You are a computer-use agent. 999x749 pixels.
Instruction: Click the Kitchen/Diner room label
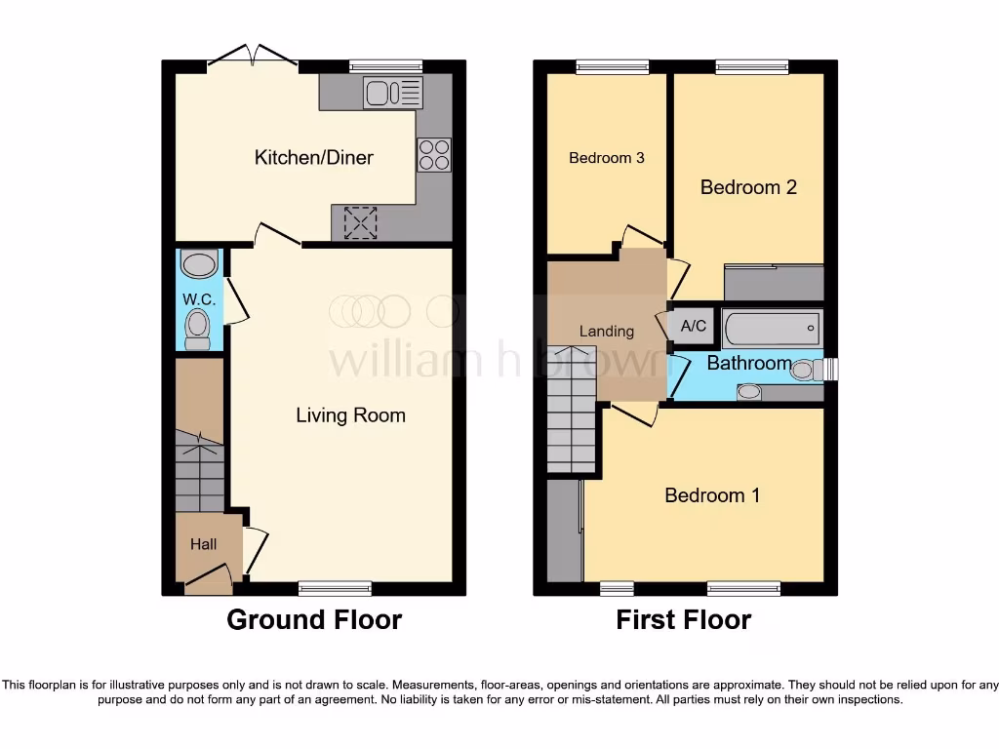pos(313,157)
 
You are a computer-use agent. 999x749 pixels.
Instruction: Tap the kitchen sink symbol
pos(393,94)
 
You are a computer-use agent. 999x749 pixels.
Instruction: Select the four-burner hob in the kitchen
pos(434,155)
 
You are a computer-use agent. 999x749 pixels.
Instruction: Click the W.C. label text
pos(198,298)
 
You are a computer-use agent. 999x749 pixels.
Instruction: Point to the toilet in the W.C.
pos(198,328)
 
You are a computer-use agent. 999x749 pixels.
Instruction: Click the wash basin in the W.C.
pos(199,263)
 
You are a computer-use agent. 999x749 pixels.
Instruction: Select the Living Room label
pos(350,415)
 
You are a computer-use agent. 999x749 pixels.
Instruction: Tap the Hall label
pos(203,544)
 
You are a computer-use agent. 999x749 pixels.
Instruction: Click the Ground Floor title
pos(314,619)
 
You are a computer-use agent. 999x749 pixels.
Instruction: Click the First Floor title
pos(683,619)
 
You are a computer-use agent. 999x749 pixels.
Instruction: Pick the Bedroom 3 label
pos(606,157)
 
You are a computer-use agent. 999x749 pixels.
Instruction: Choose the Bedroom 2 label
pos(748,187)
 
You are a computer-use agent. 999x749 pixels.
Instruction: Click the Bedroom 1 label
pos(711,495)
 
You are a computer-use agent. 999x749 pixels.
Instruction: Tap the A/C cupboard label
pos(693,327)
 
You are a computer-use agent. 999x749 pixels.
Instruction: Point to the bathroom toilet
pos(806,370)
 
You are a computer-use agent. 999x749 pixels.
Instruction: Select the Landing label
pos(606,332)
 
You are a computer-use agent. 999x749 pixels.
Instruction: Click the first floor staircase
pos(571,410)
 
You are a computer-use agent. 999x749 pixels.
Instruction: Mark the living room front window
pos(335,588)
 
